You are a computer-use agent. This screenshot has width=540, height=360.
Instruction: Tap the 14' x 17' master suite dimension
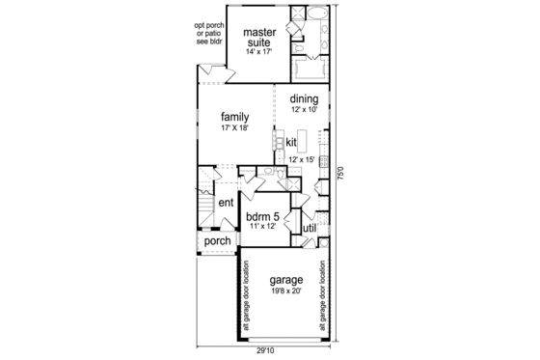coord(259,56)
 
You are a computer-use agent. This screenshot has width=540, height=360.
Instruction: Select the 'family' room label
coord(235,116)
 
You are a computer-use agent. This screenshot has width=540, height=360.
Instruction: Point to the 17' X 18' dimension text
coord(235,128)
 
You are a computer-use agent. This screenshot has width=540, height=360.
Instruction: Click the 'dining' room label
coord(303,98)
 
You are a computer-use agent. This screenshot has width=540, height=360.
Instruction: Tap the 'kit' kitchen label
coord(290,142)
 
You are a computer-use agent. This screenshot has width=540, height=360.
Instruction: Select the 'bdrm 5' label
coord(261,216)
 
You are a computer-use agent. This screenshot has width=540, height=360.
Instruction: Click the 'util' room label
coord(310,227)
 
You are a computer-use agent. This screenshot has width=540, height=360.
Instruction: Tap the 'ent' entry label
coord(225,203)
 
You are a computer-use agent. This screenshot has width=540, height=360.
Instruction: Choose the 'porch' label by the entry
coord(218,241)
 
